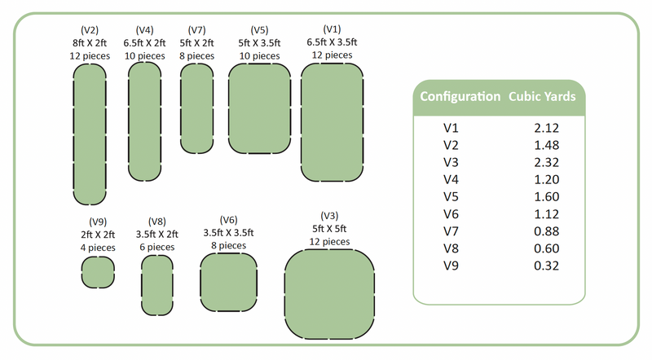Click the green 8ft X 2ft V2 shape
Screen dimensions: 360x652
click(90, 134)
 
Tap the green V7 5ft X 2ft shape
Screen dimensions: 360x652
click(196, 108)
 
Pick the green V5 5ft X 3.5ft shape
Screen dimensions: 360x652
click(259, 108)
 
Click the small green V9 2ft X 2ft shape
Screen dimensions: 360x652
click(98, 271)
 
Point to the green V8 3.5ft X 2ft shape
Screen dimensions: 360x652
click(157, 285)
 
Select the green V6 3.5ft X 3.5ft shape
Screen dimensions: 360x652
click(229, 282)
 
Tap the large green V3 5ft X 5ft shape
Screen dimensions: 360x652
click(328, 293)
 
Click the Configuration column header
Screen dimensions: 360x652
click(460, 96)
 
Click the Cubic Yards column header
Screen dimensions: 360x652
click(543, 96)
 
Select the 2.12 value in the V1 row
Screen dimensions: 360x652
click(546, 128)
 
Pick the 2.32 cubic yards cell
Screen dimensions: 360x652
click(546, 162)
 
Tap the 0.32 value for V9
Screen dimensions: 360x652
click(546, 266)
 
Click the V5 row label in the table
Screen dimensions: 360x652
click(452, 196)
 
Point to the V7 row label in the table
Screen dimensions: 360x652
click(452, 231)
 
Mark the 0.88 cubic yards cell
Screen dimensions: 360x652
click(546, 231)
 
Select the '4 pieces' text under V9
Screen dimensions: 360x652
click(98, 247)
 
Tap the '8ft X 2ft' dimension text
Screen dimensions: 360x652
click(90, 42)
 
